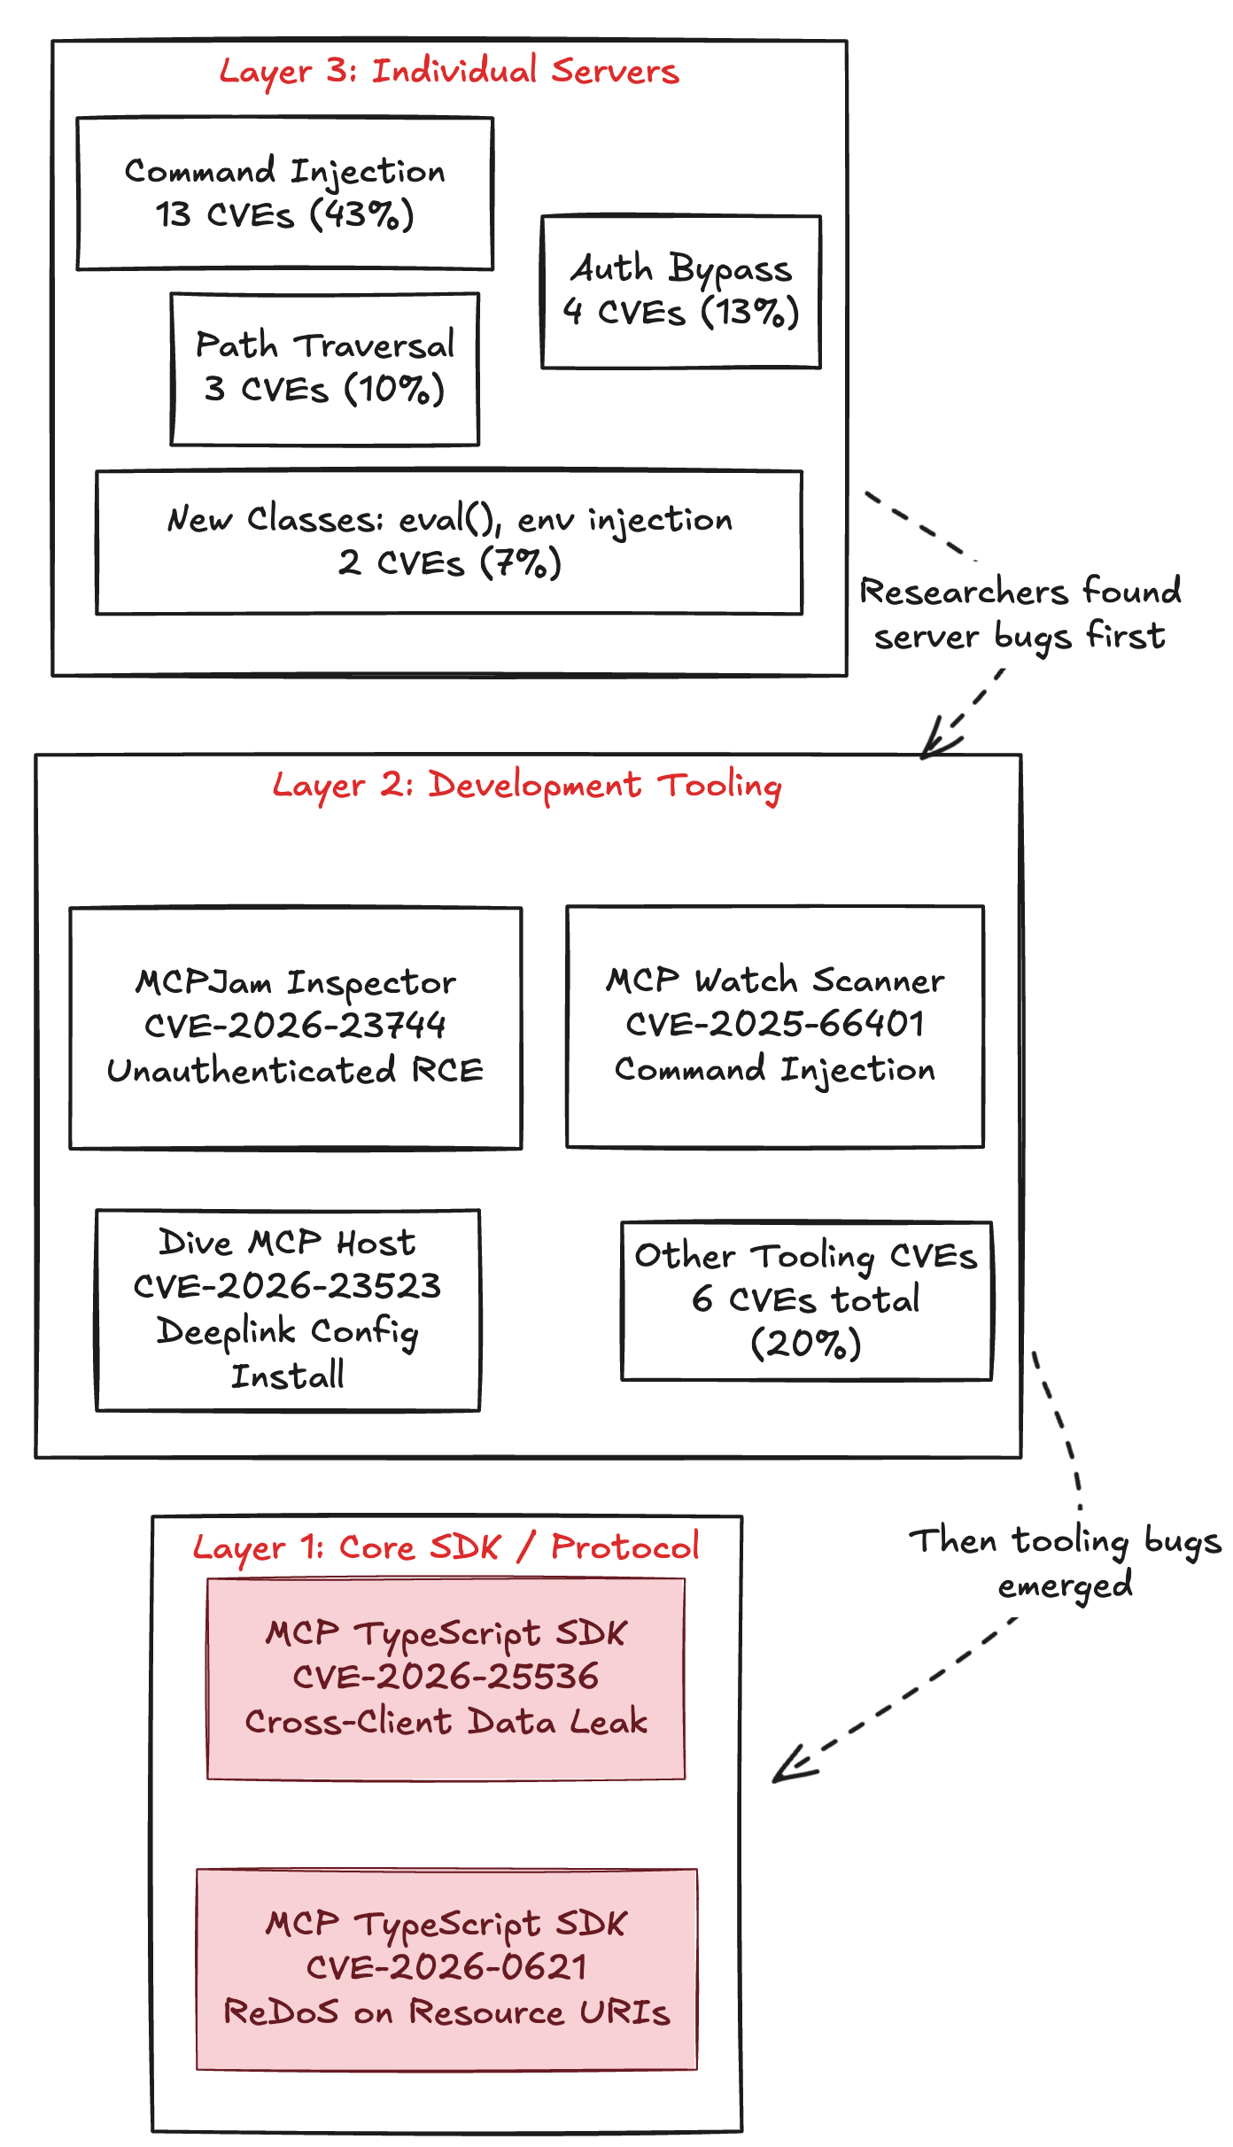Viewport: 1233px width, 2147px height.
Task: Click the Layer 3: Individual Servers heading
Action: (449, 72)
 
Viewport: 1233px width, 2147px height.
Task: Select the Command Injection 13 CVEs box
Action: (284, 193)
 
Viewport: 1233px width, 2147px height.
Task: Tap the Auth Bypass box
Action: (680, 291)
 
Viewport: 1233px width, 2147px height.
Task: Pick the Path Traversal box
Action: (324, 369)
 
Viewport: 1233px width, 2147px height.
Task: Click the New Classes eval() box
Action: (449, 542)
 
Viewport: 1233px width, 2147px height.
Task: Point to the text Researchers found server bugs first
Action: (1020, 614)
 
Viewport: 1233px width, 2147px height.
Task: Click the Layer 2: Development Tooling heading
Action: (527, 786)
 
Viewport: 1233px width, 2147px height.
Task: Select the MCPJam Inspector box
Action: (295, 1027)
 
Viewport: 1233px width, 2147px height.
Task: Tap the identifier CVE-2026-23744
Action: (295, 1026)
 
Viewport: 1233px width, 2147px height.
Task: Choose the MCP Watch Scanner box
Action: (775, 1027)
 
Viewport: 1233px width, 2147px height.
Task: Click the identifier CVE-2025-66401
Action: (775, 1024)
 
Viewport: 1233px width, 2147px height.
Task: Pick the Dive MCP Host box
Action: (288, 1309)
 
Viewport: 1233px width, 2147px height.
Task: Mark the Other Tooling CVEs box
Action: (806, 1300)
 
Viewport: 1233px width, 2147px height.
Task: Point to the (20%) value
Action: (806, 1344)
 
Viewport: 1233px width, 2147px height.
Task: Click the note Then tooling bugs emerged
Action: (1066, 1562)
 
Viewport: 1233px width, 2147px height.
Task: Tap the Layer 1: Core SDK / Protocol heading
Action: (446, 1547)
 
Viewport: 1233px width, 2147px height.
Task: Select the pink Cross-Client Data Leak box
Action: (446, 1678)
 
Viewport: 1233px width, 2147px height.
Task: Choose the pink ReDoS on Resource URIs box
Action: (446, 1968)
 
